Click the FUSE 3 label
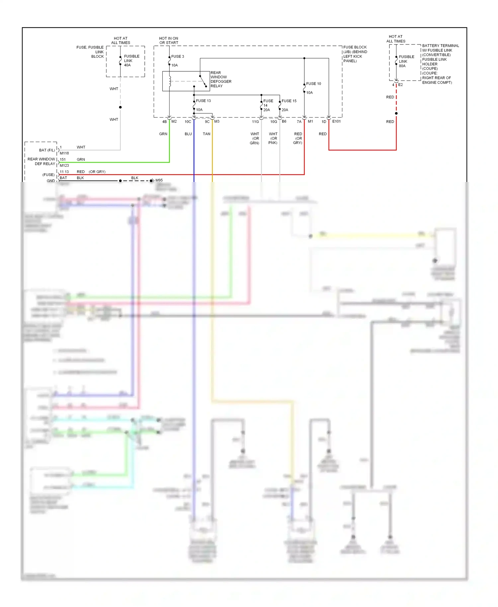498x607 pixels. coord(177,56)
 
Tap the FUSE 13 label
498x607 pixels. coord(203,101)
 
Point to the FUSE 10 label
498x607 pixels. coord(313,84)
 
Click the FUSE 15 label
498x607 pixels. coord(289,101)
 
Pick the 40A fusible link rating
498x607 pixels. coord(127,65)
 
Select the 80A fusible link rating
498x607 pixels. coord(402,66)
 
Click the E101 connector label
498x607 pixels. coord(336,122)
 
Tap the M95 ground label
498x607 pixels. coord(159,180)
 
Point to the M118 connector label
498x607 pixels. coord(64,153)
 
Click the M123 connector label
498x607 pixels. coord(64,165)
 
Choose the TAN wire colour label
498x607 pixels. coord(207,134)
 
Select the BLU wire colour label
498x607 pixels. coord(188,134)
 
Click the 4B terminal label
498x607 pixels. coord(164,122)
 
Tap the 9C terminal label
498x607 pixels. coord(207,122)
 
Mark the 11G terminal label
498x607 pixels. coord(255,122)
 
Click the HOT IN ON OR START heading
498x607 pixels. coord(169,41)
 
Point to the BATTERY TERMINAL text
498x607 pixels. coord(441,46)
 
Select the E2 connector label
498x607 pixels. coord(400,85)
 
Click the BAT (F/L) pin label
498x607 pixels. coord(47,150)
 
